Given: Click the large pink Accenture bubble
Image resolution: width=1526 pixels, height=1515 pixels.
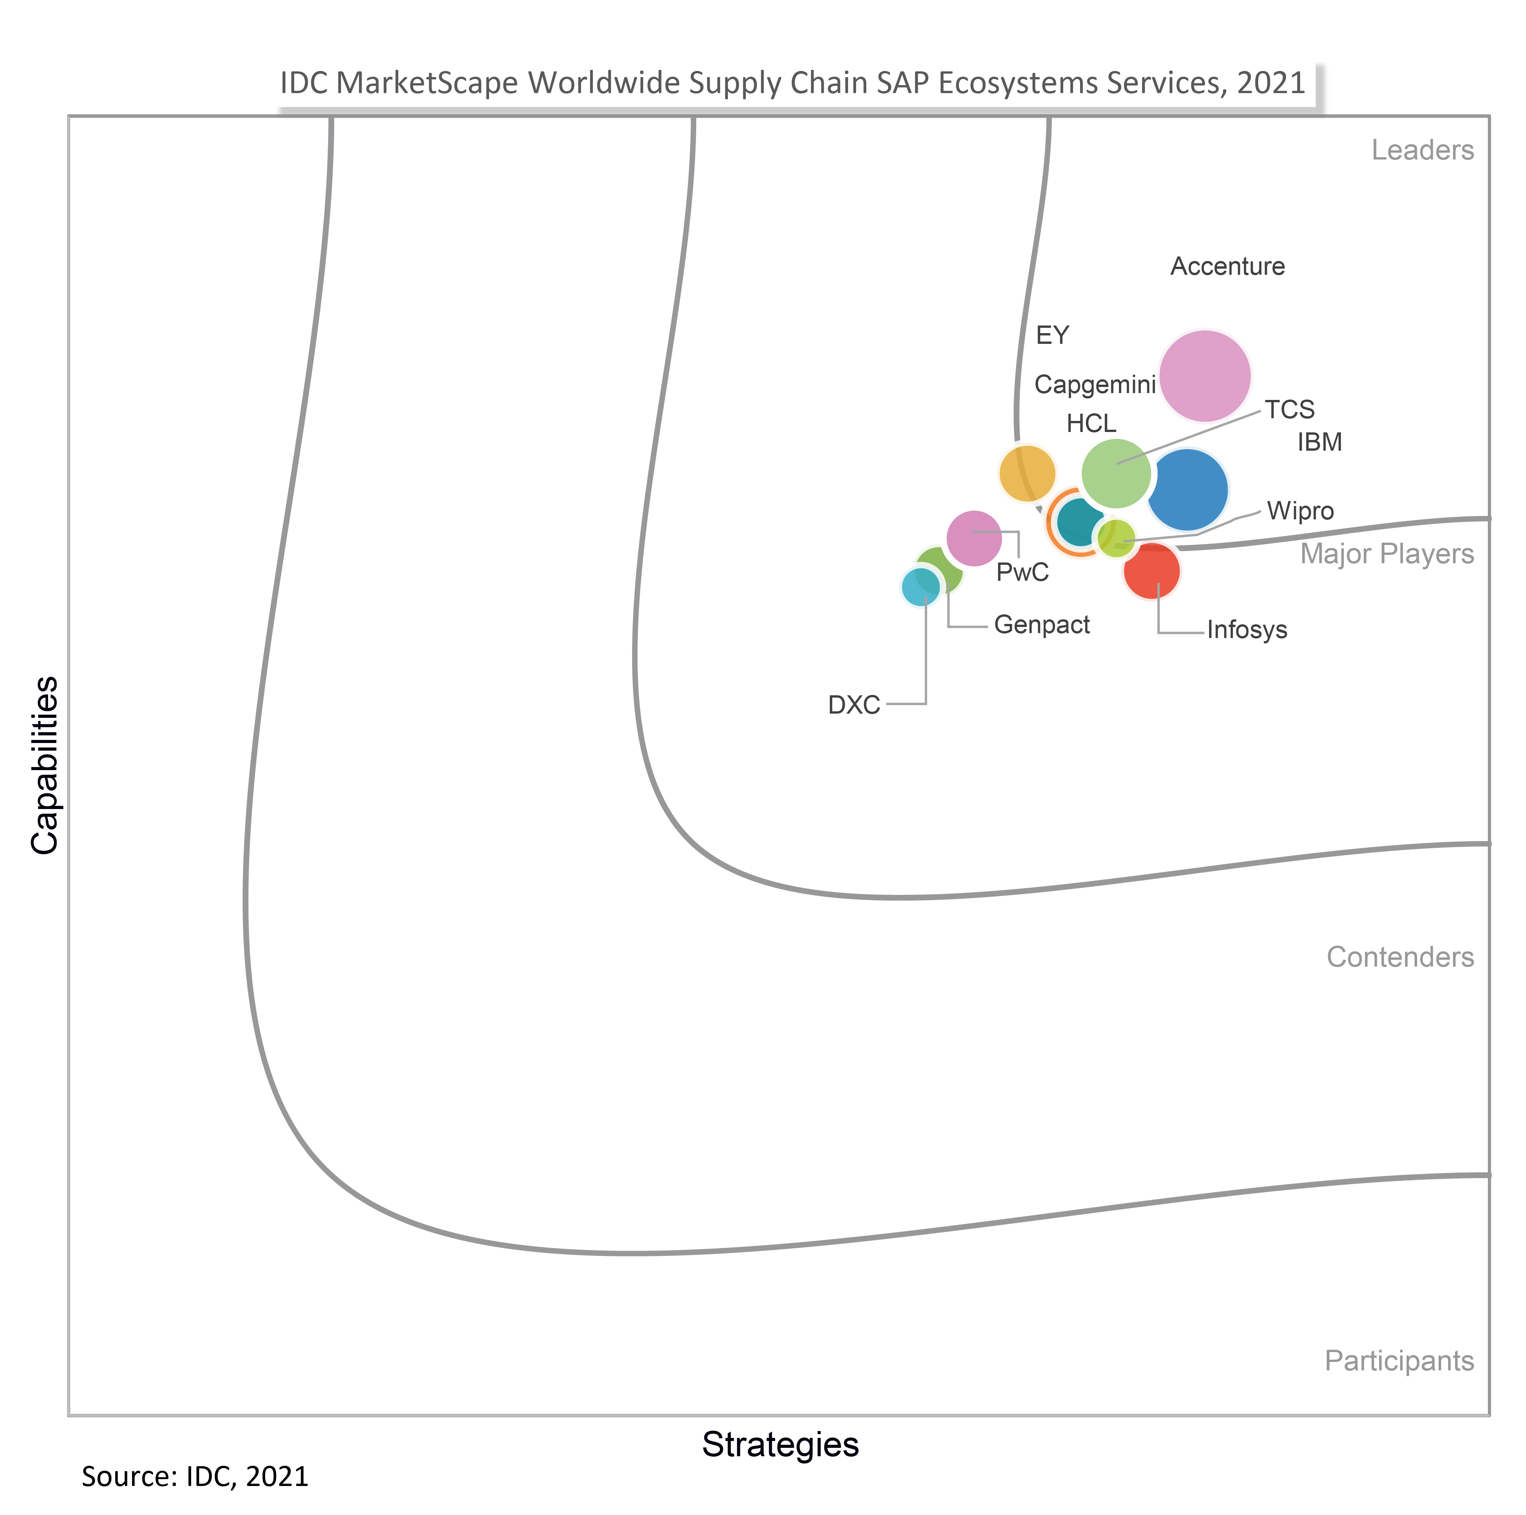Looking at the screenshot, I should (1204, 376).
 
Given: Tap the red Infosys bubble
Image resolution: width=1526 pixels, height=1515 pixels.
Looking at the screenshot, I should (1152, 571).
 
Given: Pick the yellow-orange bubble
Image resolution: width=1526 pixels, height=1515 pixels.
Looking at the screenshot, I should (1027, 473).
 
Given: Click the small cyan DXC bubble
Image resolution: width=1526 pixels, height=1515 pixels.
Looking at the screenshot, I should (920, 587).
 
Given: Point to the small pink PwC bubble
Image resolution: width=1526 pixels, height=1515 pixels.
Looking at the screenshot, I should (974, 538).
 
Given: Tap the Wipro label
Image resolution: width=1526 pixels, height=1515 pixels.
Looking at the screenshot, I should (1300, 511).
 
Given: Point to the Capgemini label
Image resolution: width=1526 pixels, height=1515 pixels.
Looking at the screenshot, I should (1095, 385).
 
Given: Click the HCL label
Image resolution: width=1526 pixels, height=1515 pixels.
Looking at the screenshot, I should (1091, 424).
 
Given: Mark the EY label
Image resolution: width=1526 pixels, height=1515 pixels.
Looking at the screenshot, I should (1052, 336).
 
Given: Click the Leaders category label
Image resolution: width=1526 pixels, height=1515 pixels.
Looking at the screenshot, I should (1422, 150).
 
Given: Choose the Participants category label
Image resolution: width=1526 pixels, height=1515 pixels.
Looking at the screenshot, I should (1399, 1361).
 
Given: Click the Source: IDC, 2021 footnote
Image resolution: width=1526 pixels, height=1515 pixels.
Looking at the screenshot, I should (195, 1476).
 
